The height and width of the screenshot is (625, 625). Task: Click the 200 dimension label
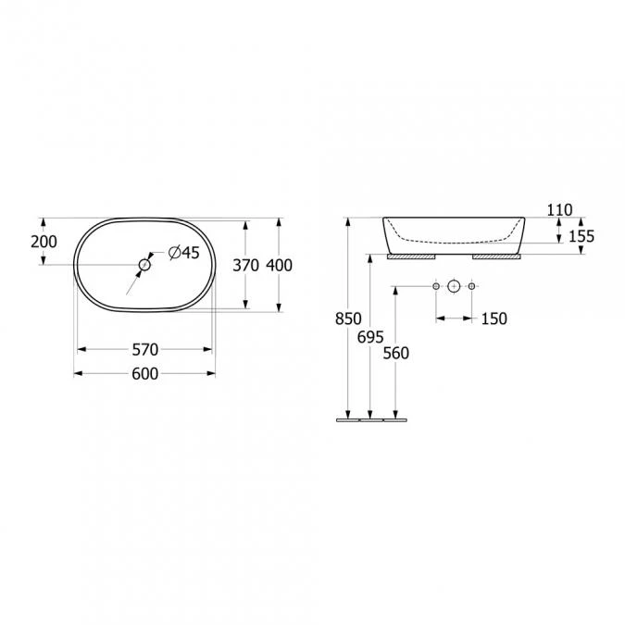point(44,242)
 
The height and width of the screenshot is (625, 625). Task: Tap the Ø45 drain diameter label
point(184,252)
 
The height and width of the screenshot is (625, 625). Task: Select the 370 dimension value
point(245,265)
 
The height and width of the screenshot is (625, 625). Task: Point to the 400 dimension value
point(279,265)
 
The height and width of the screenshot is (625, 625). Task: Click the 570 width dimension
point(144,349)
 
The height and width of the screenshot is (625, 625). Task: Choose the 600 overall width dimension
point(144,373)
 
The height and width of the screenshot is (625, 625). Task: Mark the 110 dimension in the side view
point(559,210)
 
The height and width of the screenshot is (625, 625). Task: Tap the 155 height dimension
point(581,236)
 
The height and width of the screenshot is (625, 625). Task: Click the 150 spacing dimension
point(494,319)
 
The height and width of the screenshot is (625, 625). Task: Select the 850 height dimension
point(347,319)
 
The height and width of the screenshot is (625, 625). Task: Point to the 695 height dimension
point(369,337)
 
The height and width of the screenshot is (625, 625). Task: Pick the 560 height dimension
point(395,352)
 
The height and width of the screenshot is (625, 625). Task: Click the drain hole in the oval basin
point(144,266)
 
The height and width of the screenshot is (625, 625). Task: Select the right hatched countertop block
point(498,256)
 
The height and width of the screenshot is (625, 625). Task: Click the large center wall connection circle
point(454,287)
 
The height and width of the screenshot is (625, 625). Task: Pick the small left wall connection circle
point(436,287)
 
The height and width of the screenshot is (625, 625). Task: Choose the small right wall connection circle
point(471,287)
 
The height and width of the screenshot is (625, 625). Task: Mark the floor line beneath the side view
point(370,419)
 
